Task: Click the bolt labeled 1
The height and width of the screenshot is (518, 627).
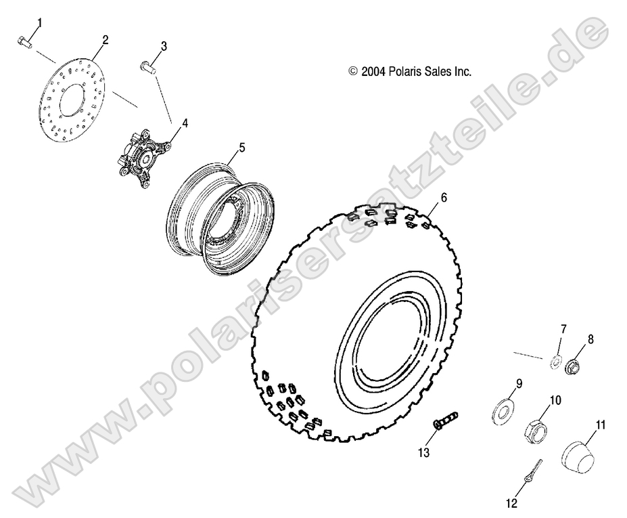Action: tap(24, 42)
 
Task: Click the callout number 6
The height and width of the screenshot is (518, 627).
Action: tap(444, 198)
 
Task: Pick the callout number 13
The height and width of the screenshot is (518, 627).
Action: tap(424, 452)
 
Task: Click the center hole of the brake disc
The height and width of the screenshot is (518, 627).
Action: tap(74, 103)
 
